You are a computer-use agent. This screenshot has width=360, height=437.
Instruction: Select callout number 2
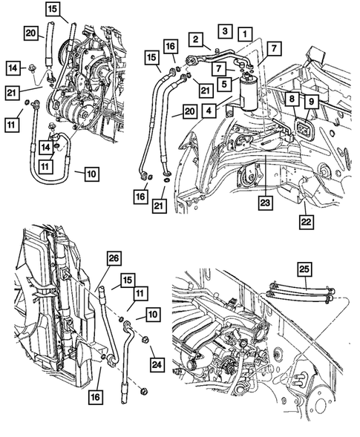tap(197, 39)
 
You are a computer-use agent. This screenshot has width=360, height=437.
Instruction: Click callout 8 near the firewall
tap(291, 98)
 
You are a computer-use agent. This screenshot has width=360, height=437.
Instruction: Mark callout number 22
tap(306, 220)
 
